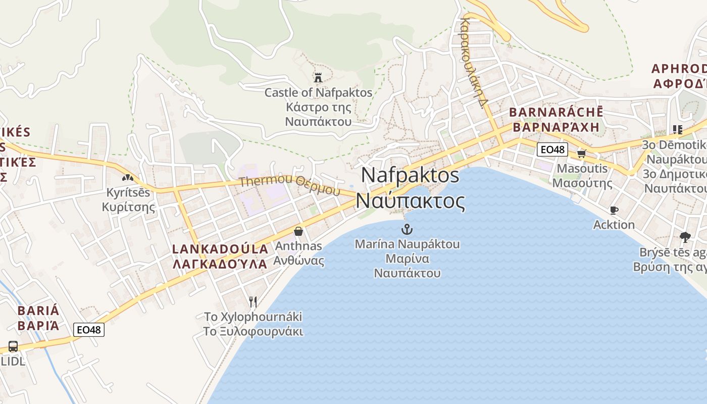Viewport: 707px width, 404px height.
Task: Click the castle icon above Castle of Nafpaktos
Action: click(318, 78)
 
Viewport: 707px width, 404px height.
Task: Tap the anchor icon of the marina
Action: click(407, 229)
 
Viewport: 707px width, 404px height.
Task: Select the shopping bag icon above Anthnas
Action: click(298, 231)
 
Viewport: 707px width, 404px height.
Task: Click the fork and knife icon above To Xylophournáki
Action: click(253, 302)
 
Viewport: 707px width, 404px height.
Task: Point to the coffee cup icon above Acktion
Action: click(614, 210)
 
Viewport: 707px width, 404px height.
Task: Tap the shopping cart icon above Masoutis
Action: click(581, 154)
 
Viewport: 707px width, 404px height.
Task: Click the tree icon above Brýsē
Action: click(685, 237)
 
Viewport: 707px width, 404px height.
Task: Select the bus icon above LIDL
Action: click(13, 346)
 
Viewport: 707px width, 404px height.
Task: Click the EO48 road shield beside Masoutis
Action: click(552, 149)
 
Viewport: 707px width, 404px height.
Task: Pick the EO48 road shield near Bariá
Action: click(89, 330)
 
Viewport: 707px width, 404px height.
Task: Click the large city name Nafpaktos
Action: click(410, 175)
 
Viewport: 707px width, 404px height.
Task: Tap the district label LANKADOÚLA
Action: click(220, 249)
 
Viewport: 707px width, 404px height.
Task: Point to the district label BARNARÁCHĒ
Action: click(556, 112)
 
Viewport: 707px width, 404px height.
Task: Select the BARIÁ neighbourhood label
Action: click(38, 311)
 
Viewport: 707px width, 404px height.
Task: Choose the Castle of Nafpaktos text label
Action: click(318, 93)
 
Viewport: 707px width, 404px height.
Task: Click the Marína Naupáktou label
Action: click(407, 244)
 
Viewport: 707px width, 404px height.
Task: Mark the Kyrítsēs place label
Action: click(128, 192)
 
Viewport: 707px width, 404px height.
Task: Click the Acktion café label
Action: click(614, 225)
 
